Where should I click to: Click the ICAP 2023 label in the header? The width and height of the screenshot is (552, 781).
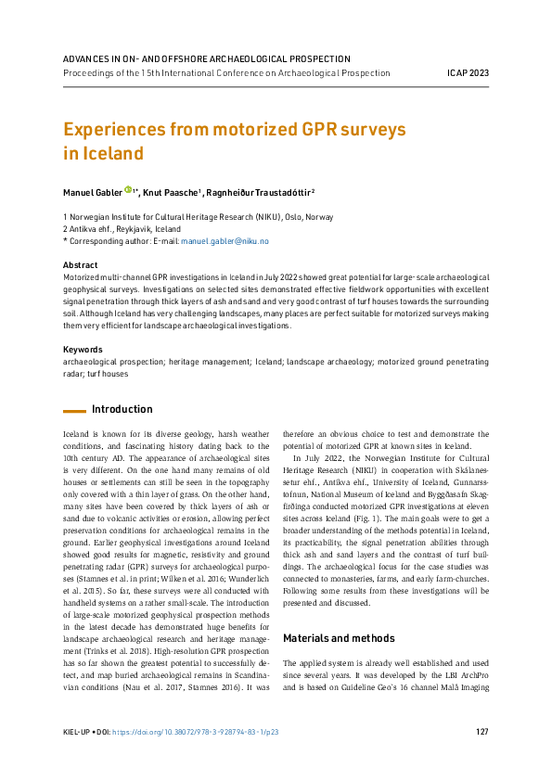pos(468,72)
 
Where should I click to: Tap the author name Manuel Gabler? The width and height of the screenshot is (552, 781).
pos(92,191)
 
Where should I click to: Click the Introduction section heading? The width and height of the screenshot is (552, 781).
pos(122,409)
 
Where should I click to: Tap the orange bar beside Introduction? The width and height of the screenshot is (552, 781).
pos(73,410)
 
